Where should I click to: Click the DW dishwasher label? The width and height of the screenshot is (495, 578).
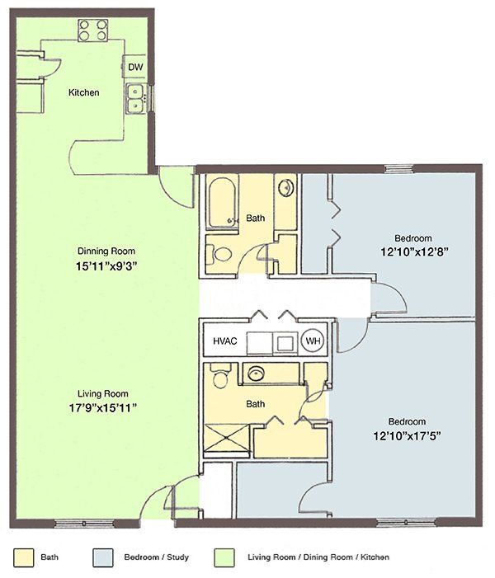click(x=135, y=67)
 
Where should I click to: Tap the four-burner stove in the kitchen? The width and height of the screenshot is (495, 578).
click(x=93, y=31)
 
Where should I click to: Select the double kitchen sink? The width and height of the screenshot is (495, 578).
click(x=136, y=98)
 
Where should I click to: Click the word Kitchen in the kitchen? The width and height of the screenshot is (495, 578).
click(x=83, y=92)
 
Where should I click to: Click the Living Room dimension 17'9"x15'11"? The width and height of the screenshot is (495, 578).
click(x=103, y=407)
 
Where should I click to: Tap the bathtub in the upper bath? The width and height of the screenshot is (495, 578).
click(x=222, y=202)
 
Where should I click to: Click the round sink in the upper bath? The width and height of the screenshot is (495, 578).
click(x=285, y=188)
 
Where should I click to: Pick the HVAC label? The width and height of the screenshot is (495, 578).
click(x=225, y=341)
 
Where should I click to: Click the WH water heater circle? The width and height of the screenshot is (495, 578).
click(x=313, y=341)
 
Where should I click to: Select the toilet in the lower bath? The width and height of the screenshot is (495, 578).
click(x=220, y=376)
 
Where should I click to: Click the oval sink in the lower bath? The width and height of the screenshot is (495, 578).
click(x=256, y=374)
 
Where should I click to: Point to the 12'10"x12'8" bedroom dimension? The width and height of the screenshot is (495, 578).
click(x=414, y=252)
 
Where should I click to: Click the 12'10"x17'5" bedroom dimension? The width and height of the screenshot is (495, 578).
click(x=408, y=436)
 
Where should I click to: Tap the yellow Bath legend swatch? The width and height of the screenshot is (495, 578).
click(x=24, y=557)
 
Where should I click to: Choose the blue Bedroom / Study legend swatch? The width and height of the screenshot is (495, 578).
click(x=103, y=557)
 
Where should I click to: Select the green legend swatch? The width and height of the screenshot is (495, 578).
click(x=224, y=557)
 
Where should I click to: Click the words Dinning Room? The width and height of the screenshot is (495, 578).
click(x=106, y=251)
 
